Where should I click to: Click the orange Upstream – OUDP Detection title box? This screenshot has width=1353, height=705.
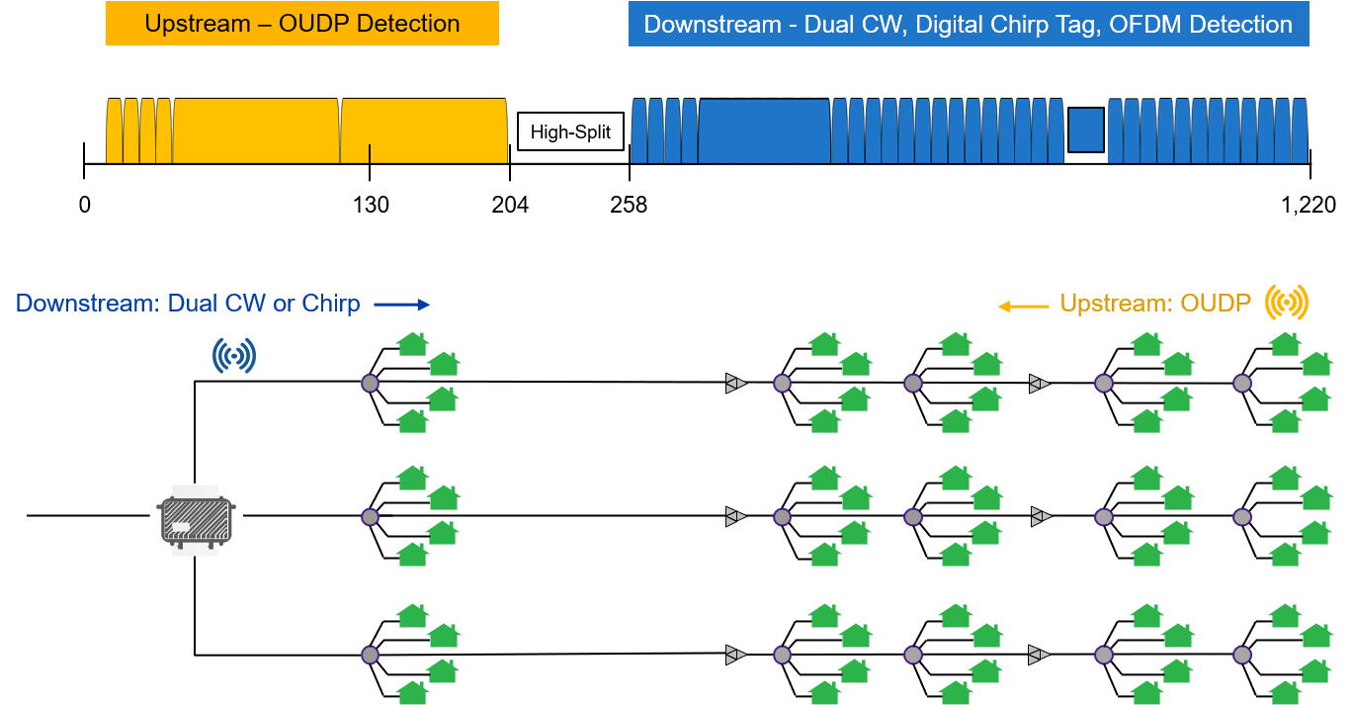pos(301,24)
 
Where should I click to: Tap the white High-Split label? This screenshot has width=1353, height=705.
pos(570,132)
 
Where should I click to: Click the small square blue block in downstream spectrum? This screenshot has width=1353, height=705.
pos(1085,131)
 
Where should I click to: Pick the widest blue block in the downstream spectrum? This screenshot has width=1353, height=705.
pos(764,131)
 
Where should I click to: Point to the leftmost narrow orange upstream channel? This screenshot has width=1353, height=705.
pos(114,131)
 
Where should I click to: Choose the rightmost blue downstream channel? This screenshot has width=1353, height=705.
pos(1299,131)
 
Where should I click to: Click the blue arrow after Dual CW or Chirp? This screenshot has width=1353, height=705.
pos(401,305)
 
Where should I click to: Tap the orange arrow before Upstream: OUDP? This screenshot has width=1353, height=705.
pos(1022,307)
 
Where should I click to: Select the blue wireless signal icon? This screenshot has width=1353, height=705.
pos(234,356)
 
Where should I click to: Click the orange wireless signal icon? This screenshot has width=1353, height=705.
pos(1287,303)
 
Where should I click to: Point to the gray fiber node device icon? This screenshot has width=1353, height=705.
pos(196,520)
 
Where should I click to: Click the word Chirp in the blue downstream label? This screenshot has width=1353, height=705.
pos(329,304)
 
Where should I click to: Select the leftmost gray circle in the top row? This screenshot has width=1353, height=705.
pos(370,383)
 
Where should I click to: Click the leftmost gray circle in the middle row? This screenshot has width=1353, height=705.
pos(370,516)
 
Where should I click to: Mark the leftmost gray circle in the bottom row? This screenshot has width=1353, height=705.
pos(370,655)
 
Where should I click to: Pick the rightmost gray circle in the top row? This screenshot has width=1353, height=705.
pos(1241,383)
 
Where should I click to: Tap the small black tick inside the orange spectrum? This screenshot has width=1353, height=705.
pos(370,153)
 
